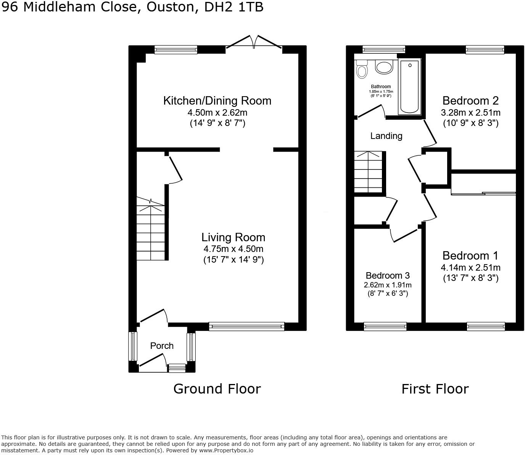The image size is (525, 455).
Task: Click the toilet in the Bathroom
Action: coord(361,69)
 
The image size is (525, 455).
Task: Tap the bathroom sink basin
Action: coord(384,67)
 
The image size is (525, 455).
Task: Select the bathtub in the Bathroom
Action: coord(409,87)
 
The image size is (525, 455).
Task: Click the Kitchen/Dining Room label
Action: coord(217,101)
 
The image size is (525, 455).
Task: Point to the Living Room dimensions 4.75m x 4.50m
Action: coord(233,249)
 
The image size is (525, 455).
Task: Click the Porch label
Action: coord(162,346)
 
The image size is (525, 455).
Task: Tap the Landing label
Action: coord(386,136)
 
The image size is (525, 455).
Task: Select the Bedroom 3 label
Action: coord(388,276)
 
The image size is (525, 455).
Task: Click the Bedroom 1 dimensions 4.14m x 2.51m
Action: coord(470,268)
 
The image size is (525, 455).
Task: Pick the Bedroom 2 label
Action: coord(470,101)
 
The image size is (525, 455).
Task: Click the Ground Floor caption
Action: coord(217,389)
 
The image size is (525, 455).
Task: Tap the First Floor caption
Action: coord(435,389)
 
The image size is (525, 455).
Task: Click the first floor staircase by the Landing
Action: coord(368,172)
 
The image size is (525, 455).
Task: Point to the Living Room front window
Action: coord(247,326)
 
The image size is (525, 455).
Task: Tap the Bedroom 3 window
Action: coord(385,326)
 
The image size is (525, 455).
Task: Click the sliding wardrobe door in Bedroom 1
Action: coord(483,194)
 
